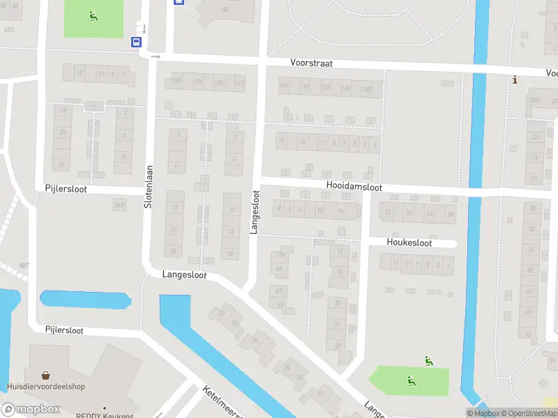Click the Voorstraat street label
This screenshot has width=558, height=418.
pos(312,63)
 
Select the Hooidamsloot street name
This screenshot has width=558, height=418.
pos(354,187)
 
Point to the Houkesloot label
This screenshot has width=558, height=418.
pos(409,243)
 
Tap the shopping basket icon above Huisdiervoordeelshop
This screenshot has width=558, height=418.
pos(46,374)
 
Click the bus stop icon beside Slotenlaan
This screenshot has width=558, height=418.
pos(135,41)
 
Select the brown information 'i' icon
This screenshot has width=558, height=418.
pos(515,80)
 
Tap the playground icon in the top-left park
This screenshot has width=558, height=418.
pos(93,15)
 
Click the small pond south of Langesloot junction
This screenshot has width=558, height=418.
pos(86,300)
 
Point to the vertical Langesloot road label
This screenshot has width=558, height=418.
pos(255,212)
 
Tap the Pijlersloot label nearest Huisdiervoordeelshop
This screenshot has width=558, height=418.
pos(64,330)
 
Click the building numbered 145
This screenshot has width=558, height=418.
pos(225,9)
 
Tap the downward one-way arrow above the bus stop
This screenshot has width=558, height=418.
pos(144,29)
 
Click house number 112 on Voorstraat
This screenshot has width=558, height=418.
pos(239,83)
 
